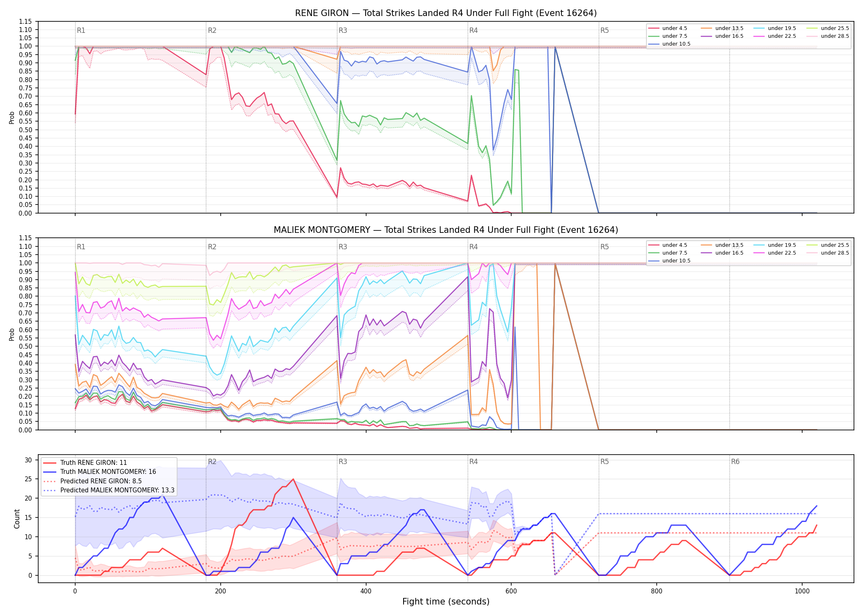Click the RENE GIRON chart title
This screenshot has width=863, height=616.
click(x=446, y=13)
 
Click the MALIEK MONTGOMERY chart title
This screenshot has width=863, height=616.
click(x=446, y=230)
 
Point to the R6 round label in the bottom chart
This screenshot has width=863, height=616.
click(x=735, y=462)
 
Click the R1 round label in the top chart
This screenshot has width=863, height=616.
click(x=81, y=30)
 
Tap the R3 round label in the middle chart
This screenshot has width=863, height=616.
click(x=343, y=247)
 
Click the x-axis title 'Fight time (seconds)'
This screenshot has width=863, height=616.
click(x=446, y=602)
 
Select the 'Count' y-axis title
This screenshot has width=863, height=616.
click(x=17, y=519)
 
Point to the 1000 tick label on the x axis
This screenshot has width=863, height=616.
click(x=802, y=591)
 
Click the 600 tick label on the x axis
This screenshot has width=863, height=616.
click(x=511, y=591)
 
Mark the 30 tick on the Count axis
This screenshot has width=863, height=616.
click(x=28, y=460)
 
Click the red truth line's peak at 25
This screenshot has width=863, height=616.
click(x=293, y=479)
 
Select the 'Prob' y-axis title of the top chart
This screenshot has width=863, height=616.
click(x=12, y=117)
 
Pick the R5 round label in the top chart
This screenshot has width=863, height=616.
click(x=605, y=30)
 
